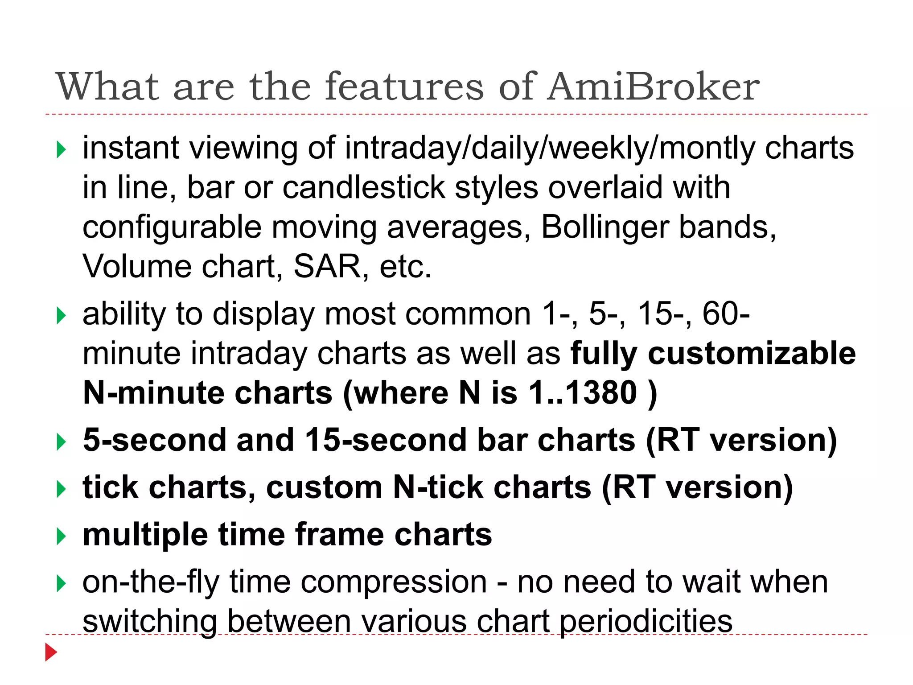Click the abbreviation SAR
pyautogui.click(x=327, y=267)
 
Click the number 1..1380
pyautogui.click(x=583, y=393)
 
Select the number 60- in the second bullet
pyautogui.click(x=726, y=314)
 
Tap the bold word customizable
pyautogui.click(x=752, y=353)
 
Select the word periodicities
pyautogui.click(x=646, y=622)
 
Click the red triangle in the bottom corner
pyautogui.click(x=51, y=652)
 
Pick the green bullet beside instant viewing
pyautogui.click(x=62, y=149)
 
